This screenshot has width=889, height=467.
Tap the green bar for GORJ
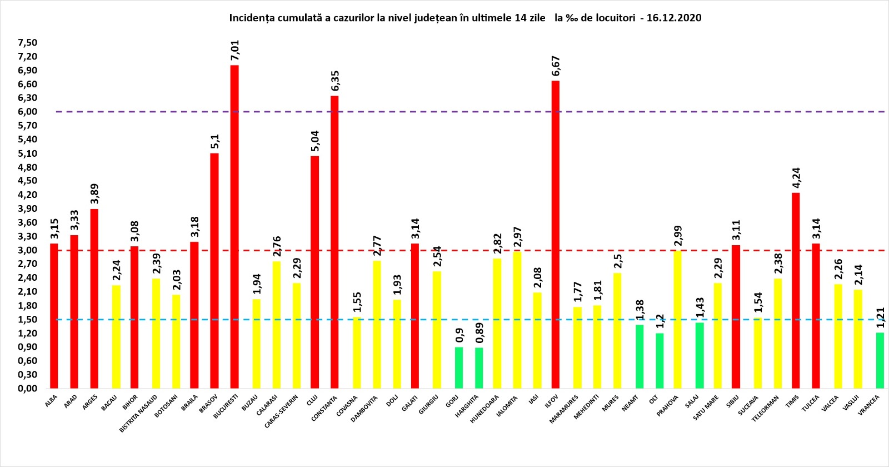pos(459,367)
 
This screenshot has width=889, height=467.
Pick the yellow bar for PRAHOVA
pos(677,319)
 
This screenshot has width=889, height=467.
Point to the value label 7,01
pos(234,50)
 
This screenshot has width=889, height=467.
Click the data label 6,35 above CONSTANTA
pos(335,81)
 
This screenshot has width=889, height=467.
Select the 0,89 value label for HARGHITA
pos(480,332)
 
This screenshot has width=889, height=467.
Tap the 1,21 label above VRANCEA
pos(880,317)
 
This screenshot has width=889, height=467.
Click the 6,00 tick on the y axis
pos(27,112)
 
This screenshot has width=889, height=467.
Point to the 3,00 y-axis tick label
pos(27,250)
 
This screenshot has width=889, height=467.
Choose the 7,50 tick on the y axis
pos(27,43)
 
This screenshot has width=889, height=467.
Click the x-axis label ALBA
pos(51,401)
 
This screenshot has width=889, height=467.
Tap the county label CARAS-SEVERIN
pos(281,411)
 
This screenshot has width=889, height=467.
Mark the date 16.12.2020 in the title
pos(674,18)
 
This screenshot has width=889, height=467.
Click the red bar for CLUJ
pos(315,272)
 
